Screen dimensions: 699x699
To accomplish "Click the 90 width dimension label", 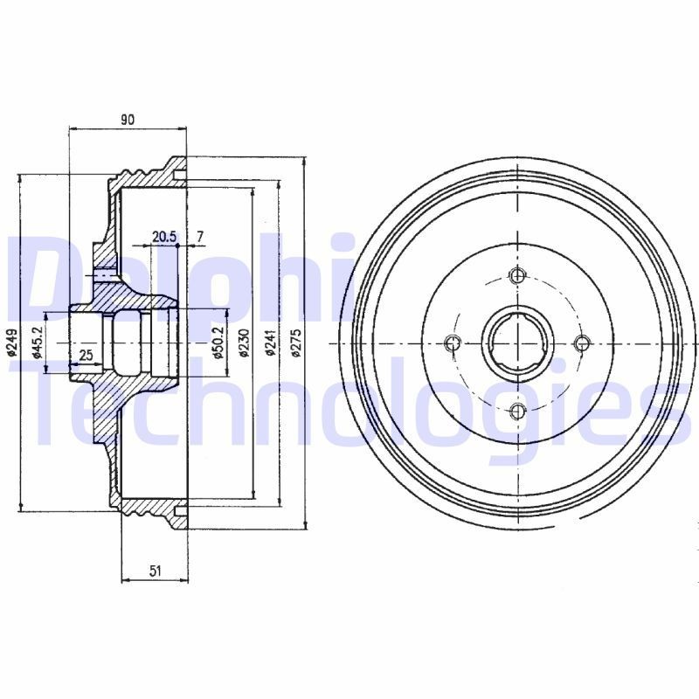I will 128,121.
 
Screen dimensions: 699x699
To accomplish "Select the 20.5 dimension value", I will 164,237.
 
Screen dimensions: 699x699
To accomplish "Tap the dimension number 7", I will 200,237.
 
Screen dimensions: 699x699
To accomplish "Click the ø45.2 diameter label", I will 38,343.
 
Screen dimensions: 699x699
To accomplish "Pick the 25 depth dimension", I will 86,354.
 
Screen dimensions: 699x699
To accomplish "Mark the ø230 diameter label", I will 244,343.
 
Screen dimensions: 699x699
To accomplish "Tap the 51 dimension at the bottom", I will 155,571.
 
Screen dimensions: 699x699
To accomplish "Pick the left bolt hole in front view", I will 451,343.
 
